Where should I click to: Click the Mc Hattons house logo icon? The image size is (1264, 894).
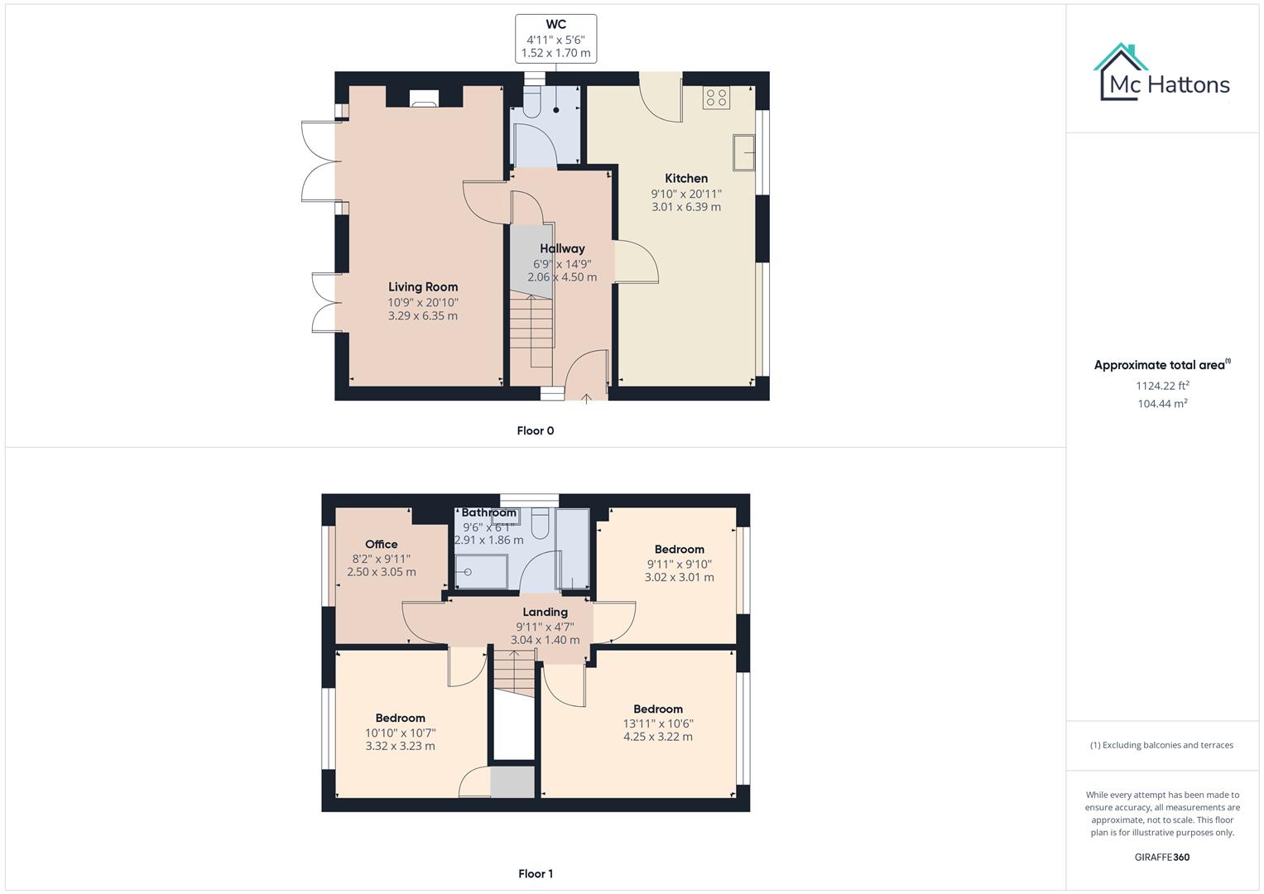tap(1122, 72)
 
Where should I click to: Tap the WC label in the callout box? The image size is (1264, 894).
tap(555, 25)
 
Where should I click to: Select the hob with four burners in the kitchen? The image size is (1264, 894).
tap(715, 98)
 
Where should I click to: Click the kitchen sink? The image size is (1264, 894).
tap(744, 151)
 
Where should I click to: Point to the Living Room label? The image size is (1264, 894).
tap(423, 287)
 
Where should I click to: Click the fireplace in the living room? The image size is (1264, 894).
tap(425, 99)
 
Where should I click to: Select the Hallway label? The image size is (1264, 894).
tap(562, 248)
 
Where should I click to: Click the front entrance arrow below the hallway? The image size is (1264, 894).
tap(586, 398)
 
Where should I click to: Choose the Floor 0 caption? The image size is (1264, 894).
tap(535, 430)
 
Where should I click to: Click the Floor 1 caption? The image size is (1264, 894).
tap(535, 873)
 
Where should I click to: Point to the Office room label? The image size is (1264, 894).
tap(381, 544)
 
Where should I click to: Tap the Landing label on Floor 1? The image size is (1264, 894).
tap(545, 613)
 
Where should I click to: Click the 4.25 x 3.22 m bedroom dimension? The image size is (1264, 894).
tap(657, 737)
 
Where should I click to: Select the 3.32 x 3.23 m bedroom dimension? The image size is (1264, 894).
tap(400, 746)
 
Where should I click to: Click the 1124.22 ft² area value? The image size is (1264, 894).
tap(1162, 386)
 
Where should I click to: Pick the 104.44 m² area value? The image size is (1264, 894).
tap(1162, 404)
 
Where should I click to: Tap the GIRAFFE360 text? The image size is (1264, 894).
tap(1161, 858)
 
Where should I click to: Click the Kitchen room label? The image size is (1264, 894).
tap(686, 178)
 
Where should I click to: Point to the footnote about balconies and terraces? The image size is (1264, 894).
tap(1161, 745)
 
